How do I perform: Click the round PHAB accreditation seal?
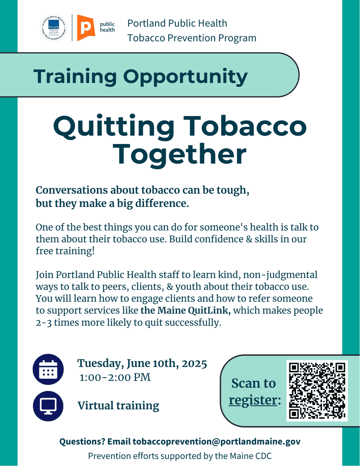[54, 28]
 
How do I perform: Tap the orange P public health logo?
[86, 28]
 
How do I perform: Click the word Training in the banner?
[75, 76]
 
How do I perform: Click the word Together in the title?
[180, 154]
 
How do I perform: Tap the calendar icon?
[48, 369]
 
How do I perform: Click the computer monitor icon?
[48, 406]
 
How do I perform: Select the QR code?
[317, 390]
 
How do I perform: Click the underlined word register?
[253, 400]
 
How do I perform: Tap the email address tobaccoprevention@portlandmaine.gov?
[216, 442]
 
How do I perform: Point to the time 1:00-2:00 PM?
[115, 378]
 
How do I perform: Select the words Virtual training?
[118, 406]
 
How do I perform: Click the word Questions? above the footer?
[82, 442]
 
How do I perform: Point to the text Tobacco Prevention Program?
[192, 38]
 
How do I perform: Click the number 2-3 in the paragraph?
[43, 323]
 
